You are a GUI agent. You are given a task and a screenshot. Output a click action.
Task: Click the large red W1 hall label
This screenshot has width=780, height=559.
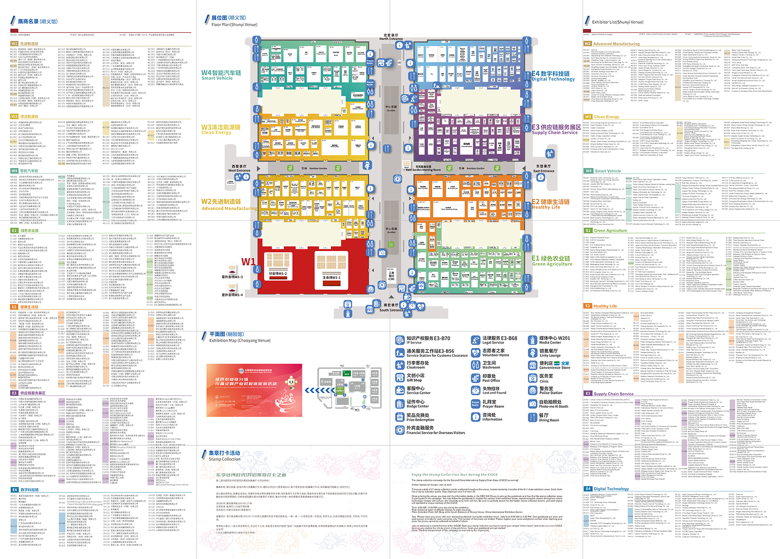click(x=248, y=262)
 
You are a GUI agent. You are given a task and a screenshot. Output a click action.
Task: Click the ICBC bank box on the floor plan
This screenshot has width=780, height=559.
click(x=391, y=275)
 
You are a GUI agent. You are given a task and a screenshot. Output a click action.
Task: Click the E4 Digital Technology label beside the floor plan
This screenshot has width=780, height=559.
click(x=553, y=76)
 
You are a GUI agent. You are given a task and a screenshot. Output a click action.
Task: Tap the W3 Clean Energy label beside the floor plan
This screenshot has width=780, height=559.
click(x=221, y=129)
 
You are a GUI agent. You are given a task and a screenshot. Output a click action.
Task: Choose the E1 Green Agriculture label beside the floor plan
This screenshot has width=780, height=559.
click(x=552, y=261)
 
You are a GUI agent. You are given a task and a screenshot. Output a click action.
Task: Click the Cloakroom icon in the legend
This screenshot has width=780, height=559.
click(x=400, y=365)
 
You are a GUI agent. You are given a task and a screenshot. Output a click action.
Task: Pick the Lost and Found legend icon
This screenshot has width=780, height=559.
click(x=475, y=390)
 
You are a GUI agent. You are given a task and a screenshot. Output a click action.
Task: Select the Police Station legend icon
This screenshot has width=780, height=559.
click(x=532, y=390)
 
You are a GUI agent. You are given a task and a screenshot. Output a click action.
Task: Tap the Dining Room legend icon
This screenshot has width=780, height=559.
click(x=532, y=417)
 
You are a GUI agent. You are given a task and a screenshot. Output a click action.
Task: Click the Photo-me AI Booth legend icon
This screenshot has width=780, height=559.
click(x=532, y=404)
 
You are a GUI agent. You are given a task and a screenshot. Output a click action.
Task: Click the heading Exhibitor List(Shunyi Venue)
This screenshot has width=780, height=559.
click(x=618, y=22)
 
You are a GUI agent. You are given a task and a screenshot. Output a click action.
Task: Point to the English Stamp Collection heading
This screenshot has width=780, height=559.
click(x=224, y=459)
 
